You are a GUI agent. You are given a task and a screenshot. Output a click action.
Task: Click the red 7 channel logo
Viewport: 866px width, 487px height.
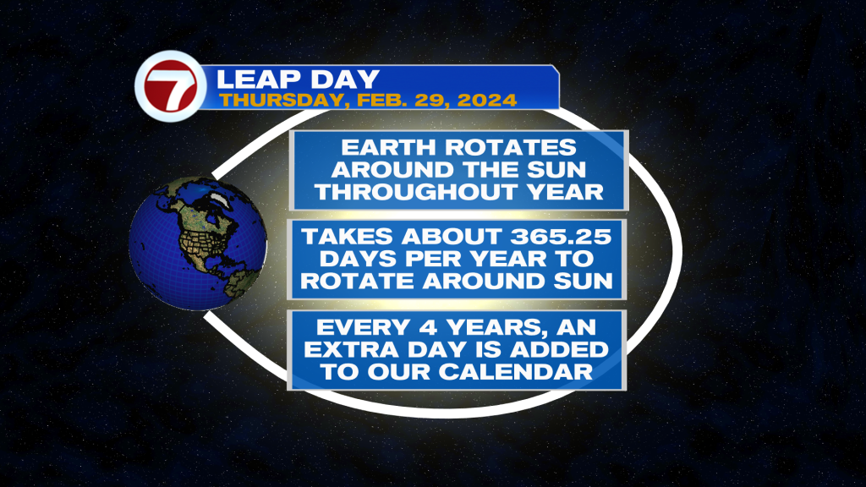pyautogui.click(x=171, y=85)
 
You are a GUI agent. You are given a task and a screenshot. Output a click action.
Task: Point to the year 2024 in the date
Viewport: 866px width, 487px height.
pyautogui.click(x=487, y=100)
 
